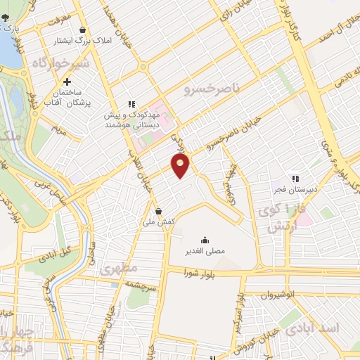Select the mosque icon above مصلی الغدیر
[x=205, y=239]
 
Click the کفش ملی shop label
[x=158, y=221]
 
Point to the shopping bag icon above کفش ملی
[x=158, y=210]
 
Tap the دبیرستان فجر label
[x=295, y=190]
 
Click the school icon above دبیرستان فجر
[x=295, y=179]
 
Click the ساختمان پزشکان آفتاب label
[x=66, y=98]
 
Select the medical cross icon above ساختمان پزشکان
[x=67, y=82]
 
